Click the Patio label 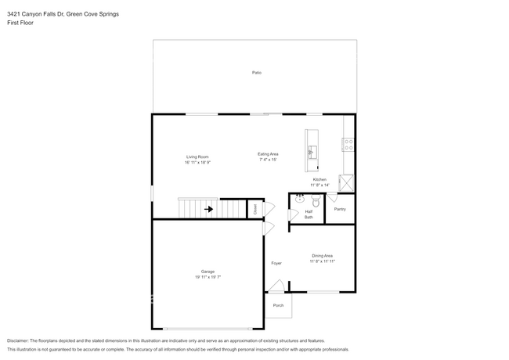256,73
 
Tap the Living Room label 197,157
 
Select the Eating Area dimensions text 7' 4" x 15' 269,160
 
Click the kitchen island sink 311,152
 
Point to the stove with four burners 348,144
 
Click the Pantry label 340,209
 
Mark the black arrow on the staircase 208,209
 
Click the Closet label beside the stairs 254,209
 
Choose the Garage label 208,272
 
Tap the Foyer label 276,263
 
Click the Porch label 278,305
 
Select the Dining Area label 322,256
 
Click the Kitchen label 319,179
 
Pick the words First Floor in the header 22,23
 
